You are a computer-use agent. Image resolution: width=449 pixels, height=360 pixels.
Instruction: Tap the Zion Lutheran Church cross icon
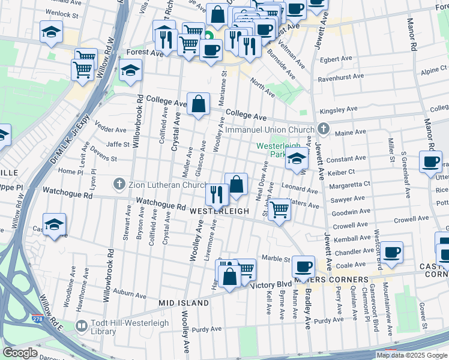tap(120, 184)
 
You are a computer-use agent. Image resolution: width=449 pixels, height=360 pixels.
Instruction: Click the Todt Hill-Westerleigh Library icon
tap(82, 325)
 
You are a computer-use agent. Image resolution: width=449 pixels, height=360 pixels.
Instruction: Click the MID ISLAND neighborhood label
tap(184, 304)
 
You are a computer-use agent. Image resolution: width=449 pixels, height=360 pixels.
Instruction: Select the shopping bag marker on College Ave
tap(198, 104)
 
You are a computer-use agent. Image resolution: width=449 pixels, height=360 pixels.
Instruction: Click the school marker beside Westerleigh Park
tap(297, 159)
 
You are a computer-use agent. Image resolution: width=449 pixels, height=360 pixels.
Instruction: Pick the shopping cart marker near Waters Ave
tap(279, 211)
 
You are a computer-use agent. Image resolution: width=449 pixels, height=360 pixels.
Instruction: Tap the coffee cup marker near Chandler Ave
tap(392, 253)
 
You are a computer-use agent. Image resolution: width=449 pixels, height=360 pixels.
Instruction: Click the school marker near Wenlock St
tap(52, 31)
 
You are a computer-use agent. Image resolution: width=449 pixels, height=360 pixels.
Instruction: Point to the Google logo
tap(20, 353)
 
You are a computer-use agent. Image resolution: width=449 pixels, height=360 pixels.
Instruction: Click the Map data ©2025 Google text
tap(412, 355)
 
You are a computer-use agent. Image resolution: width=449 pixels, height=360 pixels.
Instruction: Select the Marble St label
tap(276, 259)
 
